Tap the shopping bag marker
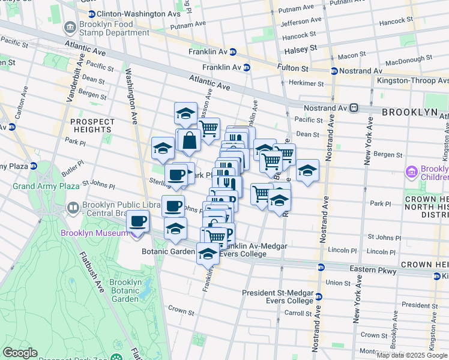(189, 142)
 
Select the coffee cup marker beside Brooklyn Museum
(137, 221)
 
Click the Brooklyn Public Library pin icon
(72, 208)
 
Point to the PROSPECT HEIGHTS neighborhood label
(92, 125)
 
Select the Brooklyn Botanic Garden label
(125, 290)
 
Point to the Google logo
(20, 353)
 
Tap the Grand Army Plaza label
(38, 186)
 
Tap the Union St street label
(338, 283)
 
